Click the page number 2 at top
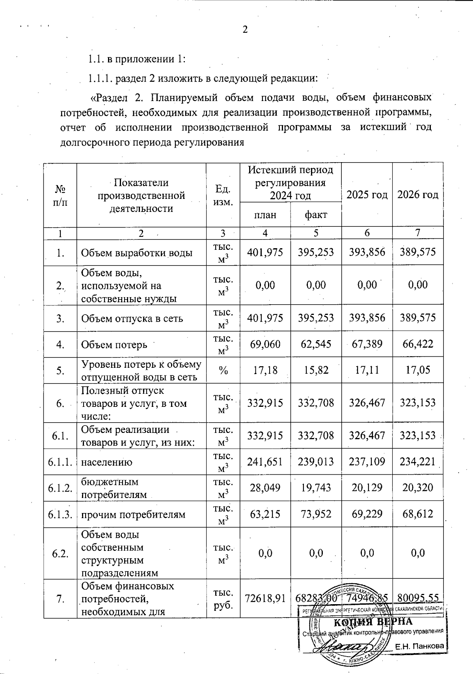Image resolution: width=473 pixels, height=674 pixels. tap(245, 30)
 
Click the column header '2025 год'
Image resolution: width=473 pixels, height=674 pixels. tap(367, 195)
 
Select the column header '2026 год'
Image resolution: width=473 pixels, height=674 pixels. tap(417, 195)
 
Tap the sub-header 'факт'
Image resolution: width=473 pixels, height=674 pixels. tap(316, 215)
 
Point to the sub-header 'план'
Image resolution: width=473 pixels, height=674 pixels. tap(265, 215)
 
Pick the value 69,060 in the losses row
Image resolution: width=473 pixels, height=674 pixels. tap(265, 344)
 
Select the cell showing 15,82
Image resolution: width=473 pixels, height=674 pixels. tap(316, 370)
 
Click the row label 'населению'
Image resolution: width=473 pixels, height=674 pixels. tap(107, 462)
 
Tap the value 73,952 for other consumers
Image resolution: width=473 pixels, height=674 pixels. tap(316, 514)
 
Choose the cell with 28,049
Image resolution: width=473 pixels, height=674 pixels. tap(265, 488)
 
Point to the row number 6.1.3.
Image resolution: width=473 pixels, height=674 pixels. tap(60, 514)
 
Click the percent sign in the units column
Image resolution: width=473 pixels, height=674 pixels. tap(223, 370)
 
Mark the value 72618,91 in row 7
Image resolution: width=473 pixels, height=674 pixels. tap(265, 599)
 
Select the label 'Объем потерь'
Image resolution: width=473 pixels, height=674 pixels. tap(114, 344)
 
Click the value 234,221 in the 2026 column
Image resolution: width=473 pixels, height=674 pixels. tap(417, 462)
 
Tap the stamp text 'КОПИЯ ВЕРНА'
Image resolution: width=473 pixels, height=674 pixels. tap(373, 622)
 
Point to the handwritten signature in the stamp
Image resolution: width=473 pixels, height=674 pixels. tap(343, 648)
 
